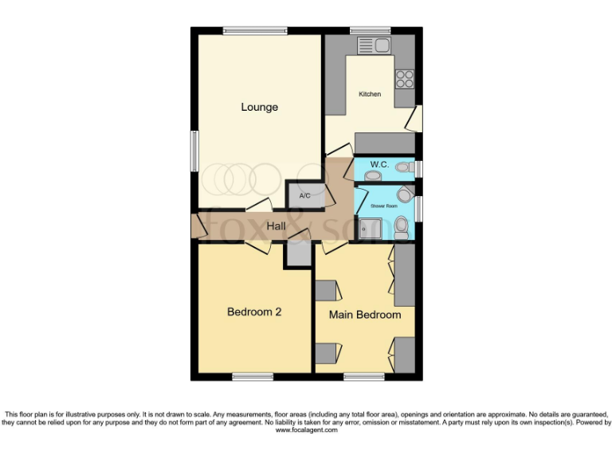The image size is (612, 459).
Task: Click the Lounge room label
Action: coord(259,107)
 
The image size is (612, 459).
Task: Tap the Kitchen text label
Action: coord(370,94)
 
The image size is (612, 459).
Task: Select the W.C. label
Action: coord(379,164)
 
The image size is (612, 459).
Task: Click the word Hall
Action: coord(277,226)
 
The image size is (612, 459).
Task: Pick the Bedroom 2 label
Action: coord(254,312)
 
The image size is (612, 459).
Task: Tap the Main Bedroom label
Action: coord(365,315)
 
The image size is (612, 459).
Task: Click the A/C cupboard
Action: coord(305,195)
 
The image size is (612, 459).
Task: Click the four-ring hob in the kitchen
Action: coord(405,78)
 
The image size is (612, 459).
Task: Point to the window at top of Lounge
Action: coord(255,31)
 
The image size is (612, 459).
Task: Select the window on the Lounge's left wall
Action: coord(194,150)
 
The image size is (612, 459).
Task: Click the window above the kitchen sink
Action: coord(370,31)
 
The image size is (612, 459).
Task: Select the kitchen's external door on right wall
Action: coord(414,120)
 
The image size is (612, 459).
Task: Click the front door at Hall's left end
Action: coord(195,226)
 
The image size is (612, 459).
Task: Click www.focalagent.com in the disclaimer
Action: coord(306,430)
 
